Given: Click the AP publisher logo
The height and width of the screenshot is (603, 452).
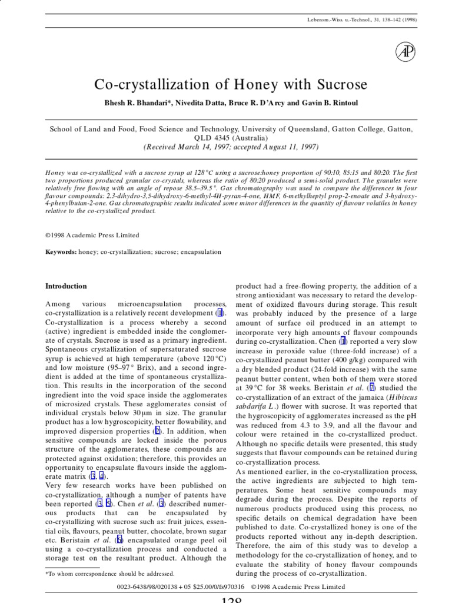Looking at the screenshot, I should click(x=405, y=53).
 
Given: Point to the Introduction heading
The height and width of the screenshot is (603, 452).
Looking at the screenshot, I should click(x=66, y=286).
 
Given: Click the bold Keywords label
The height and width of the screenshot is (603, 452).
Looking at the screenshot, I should click(x=61, y=251).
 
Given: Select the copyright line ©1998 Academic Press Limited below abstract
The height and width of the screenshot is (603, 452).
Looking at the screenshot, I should click(x=92, y=235).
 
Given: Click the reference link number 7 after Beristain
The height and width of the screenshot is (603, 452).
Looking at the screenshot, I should click(x=371, y=389).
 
